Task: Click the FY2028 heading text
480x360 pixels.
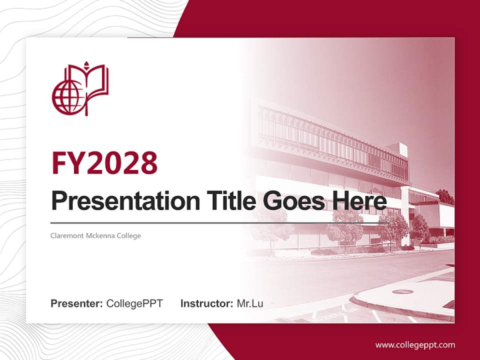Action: (104, 163)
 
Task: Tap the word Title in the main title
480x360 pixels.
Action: (227, 200)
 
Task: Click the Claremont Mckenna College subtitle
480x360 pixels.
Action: (96, 235)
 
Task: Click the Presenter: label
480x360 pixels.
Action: (77, 303)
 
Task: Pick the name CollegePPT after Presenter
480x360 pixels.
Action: (134, 303)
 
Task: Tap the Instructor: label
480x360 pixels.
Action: (206, 303)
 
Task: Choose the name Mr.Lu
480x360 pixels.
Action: (250, 303)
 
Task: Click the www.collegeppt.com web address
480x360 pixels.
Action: (415, 344)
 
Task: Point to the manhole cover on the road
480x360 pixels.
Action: (402, 291)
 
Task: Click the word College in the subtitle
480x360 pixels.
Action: (129, 235)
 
